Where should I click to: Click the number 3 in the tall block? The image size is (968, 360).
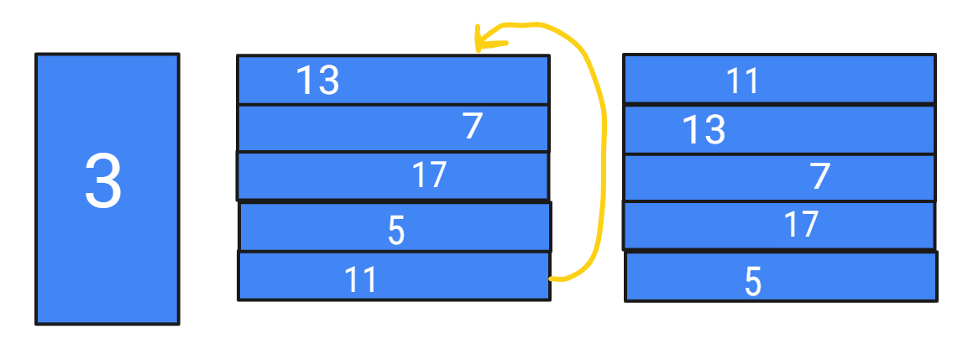coord(103,182)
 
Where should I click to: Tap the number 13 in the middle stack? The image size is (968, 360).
coord(317,81)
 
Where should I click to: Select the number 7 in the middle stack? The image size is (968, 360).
coord(473,127)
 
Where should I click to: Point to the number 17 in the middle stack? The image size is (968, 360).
coord(428,175)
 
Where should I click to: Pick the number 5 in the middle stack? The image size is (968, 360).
coord(396,231)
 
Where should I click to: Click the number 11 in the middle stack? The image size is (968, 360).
coord(360,279)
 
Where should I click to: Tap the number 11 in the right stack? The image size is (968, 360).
coord(742,81)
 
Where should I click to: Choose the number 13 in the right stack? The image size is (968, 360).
coord(704,130)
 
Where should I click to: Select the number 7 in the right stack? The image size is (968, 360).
coord(820,177)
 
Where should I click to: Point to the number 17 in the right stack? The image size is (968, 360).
coord(800,225)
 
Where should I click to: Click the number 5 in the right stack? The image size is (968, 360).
coord(753,282)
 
